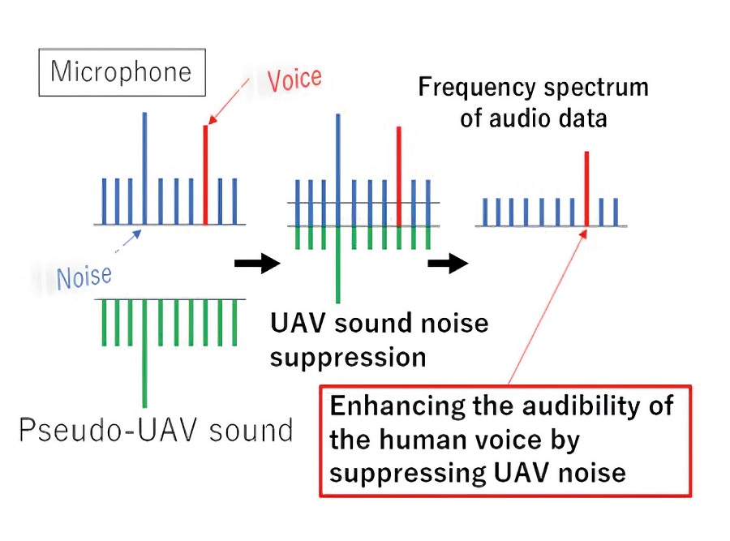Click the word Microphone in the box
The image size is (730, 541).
(x=121, y=71)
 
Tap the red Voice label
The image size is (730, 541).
(x=294, y=79)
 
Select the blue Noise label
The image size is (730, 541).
(x=84, y=277)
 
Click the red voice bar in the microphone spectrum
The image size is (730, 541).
(x=205, y=174)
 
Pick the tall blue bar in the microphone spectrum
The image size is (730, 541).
(x=145, y=168)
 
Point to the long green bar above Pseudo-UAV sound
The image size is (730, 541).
(x=145, y=354)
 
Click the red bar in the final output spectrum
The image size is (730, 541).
(x=586, y=189)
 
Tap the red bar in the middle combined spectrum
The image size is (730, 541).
(x=398, y=176)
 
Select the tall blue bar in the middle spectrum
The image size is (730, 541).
(x=338, y=170)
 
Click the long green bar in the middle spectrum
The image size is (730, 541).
(x=338, y=264)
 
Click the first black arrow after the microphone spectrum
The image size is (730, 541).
(x=257, y=264)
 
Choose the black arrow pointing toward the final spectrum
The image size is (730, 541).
(x=448, y=264)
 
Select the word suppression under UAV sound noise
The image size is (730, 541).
(x=348, y=359)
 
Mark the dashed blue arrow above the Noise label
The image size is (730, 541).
(x=128, y=241)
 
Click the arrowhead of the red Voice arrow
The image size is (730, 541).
(x=212, y=120)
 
